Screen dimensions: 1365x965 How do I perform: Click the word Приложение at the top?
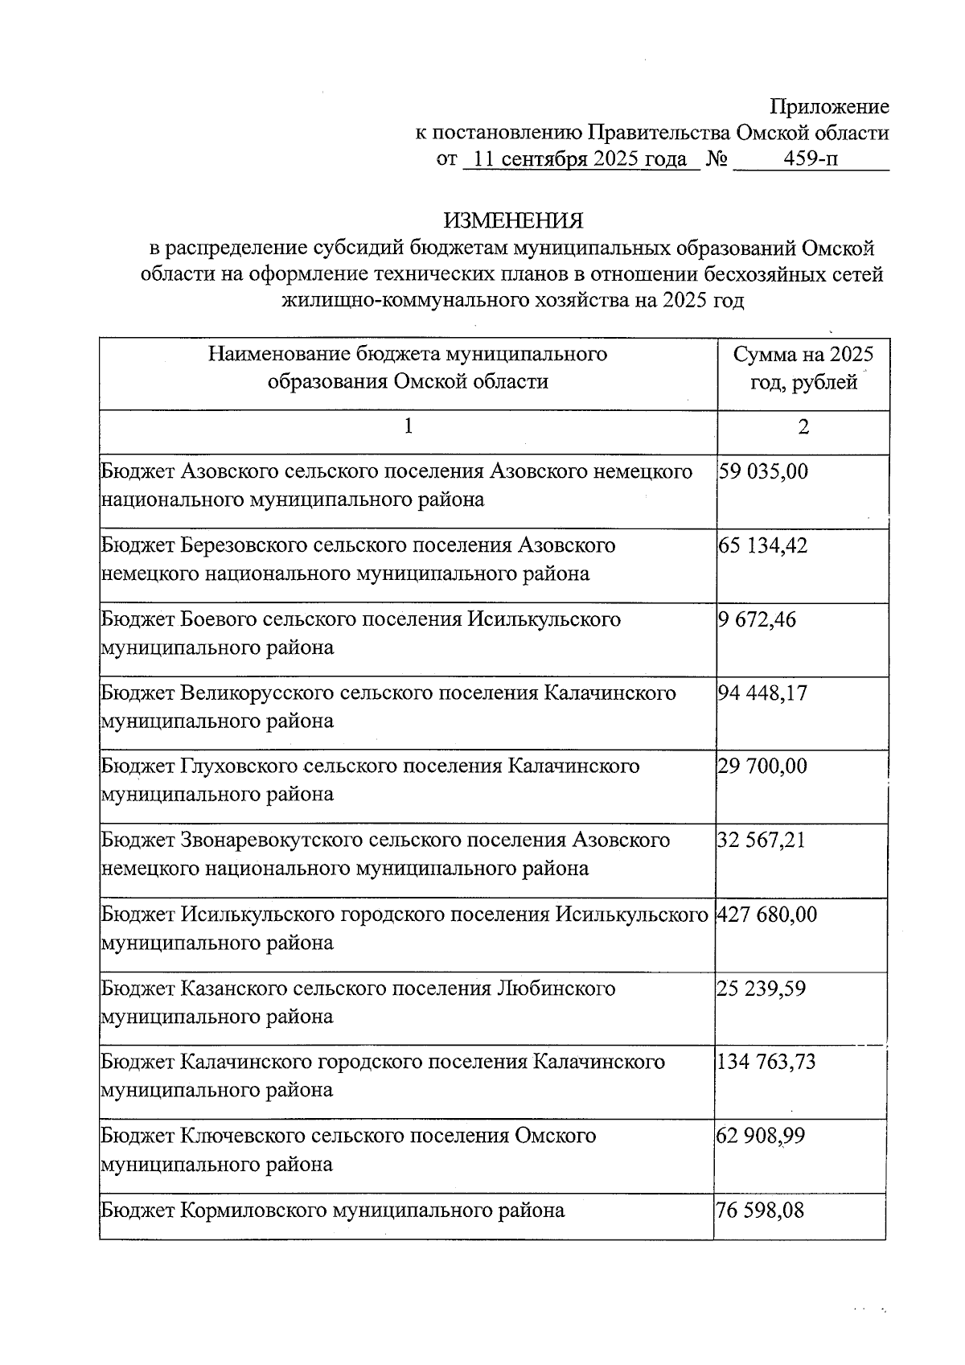pyautogui.click(x=829, y=107)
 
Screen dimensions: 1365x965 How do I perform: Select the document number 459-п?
pyautogui.click(x=811, y=158)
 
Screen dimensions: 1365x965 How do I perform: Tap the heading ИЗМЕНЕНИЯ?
pyautogui.click(x=514, y=220)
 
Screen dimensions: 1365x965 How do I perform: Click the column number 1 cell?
pyautogui.click(x=408, y=426)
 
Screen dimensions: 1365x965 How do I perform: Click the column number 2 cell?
pyautogui.click(x=803, y=427)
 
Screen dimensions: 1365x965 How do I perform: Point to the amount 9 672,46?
pyautogui.click(x=757, y=619)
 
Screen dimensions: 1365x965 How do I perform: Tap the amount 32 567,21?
pyautogui.click(x=761, y=841)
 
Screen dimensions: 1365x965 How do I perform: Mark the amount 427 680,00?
pyautogui.click(x=766, y=915)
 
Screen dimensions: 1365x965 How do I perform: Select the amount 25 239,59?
pyautogui.click(x=761, y=989)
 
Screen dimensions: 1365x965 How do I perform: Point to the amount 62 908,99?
pyautogui.click(x=761, y=1136)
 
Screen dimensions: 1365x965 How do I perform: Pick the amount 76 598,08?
pyautogui.click(x=760, y=1210)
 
